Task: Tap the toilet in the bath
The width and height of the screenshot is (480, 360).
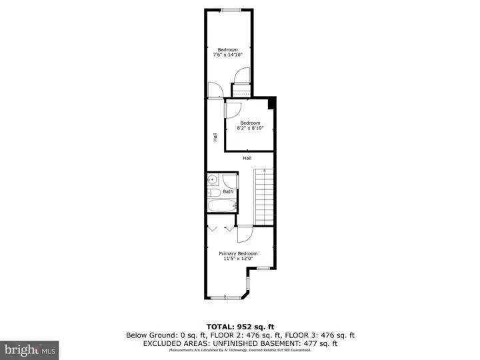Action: (x=215, y=193)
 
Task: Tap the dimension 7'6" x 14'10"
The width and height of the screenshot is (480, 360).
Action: (x=228, y=55)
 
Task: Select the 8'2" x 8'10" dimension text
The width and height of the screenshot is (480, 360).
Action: (x=249, y=129)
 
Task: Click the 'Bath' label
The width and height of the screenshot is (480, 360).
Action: (x=228, y=191)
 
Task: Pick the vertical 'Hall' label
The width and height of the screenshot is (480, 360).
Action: (x=215, y=137)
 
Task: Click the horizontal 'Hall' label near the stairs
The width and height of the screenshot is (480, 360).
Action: (x=247, y=158)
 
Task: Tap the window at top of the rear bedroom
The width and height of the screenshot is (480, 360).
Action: (x=231, y=9)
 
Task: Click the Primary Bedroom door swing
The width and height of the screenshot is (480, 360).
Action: (x=243, y=234)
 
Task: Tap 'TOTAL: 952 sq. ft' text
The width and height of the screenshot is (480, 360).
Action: (x=239, y=327)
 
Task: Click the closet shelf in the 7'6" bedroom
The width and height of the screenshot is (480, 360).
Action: (x=240, y=91)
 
